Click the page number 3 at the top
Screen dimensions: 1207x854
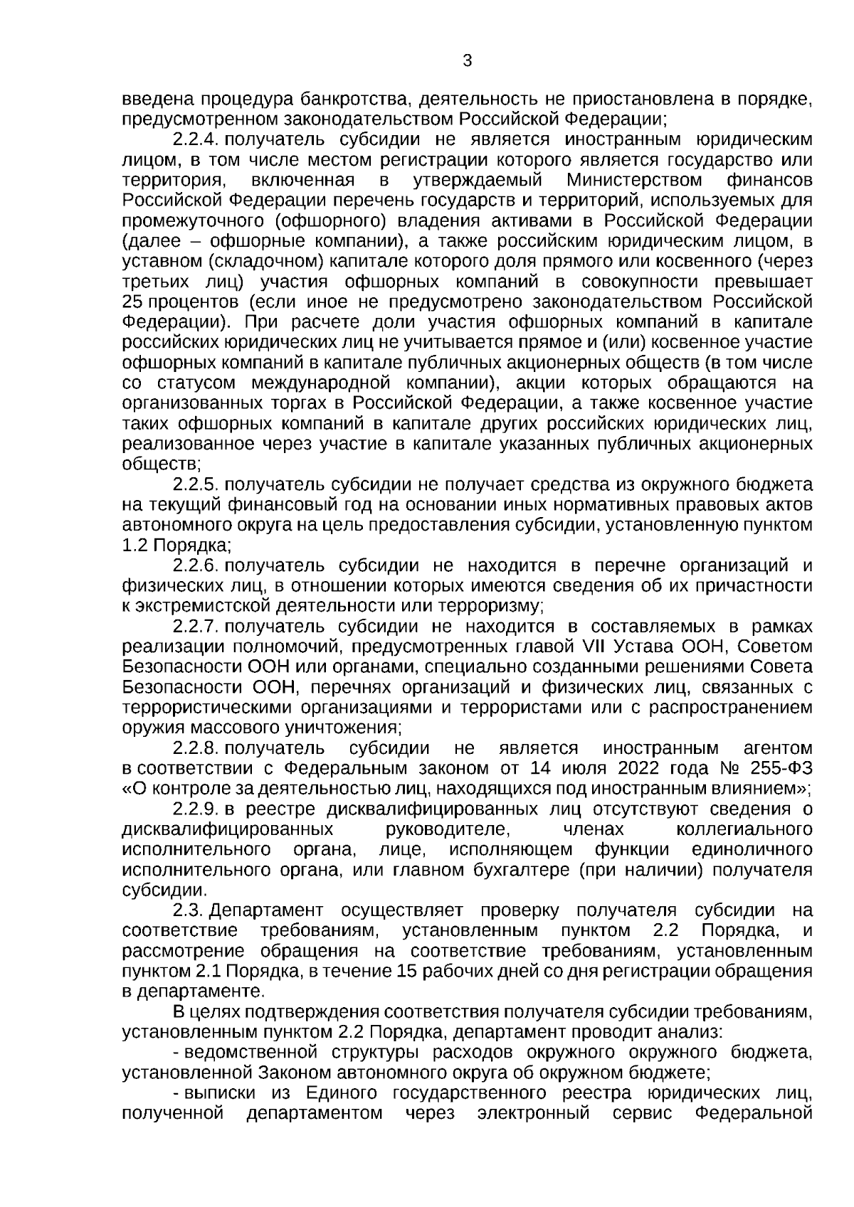(x=468, y=61)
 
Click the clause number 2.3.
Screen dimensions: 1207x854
(x=189, y=910)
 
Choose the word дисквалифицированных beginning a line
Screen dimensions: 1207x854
(x=228, y=829)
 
